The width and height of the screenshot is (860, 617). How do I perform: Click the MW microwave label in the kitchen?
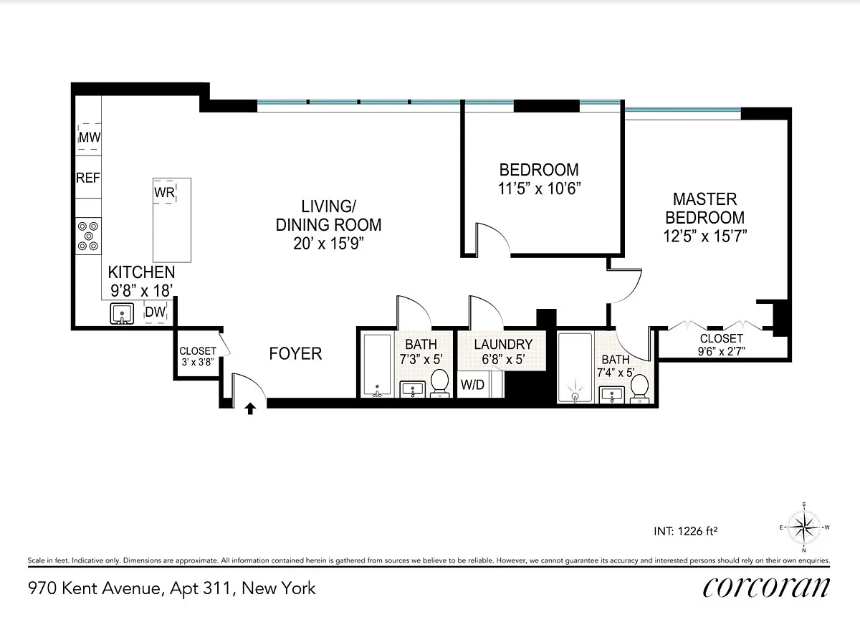(90, 137)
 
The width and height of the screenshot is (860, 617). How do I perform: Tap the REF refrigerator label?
(88, 178)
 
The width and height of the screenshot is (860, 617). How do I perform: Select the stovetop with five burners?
(88, 236)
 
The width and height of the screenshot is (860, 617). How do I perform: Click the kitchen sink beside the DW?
(122, 314)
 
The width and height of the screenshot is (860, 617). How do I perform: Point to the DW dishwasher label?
(155, 312)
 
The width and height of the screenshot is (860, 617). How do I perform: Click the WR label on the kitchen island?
(164, 192)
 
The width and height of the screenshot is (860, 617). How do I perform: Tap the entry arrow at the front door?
(250, 408)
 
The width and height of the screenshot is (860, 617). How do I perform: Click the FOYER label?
(295, 353)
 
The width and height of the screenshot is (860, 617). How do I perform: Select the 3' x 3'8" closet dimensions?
(198, 362)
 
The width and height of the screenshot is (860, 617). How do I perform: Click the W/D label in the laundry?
(472, 385)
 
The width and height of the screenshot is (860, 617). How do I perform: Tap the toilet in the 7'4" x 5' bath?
(639, 388)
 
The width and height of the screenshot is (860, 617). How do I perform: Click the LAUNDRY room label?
(503, 345)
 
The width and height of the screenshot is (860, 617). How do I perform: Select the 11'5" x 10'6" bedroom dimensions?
(539, 188)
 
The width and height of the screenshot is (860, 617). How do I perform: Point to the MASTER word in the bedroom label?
(705, 199)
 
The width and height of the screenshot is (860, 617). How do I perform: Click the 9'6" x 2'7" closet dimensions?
(722, 351)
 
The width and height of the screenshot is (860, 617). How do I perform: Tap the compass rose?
(804, 527)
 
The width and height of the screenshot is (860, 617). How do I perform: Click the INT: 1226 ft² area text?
(686, 531)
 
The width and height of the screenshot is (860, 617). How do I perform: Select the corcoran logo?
(766, 588)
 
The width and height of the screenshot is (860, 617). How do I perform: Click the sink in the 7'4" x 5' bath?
(612, 395)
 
